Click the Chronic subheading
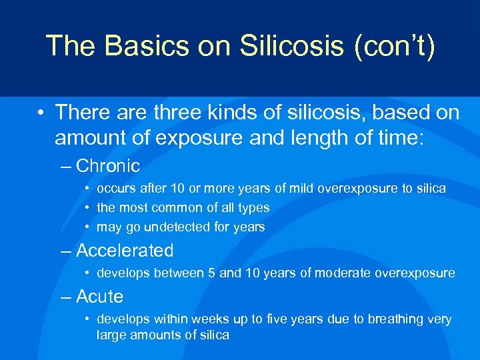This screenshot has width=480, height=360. click(x=108, y=166)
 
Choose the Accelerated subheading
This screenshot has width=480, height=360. click(x=125, y=251)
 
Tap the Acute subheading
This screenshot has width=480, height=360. click(x=100, y=296)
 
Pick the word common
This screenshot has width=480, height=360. click(x=181, y=208)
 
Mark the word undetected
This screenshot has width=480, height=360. click(x=175, y=227)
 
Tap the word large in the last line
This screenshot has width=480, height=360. click(x=112, y=335)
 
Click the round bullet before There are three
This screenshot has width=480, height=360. click(x=41, y=113)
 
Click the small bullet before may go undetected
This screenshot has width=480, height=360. click(x=88, y=227)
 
